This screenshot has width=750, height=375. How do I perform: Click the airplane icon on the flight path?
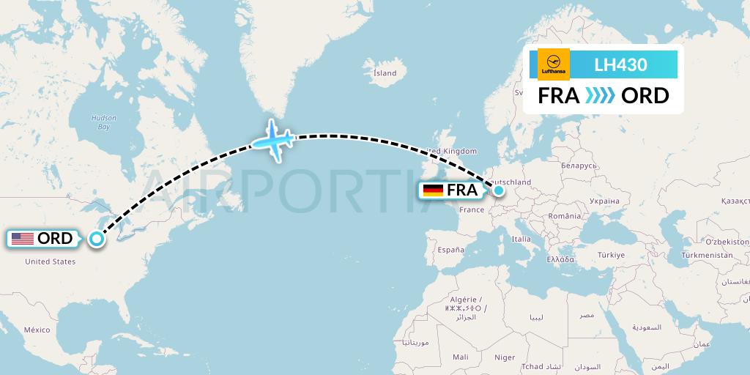272,139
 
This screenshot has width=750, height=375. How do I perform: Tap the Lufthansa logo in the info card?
553,64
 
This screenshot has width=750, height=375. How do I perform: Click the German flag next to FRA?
433,190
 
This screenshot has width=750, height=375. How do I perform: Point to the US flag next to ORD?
23,239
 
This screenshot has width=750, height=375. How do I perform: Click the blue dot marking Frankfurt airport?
499,190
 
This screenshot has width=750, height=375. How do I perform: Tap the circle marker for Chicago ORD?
96,238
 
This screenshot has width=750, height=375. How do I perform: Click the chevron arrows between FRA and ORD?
601,96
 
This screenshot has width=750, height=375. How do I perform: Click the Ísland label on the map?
385,73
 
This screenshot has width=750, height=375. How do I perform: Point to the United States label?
51,261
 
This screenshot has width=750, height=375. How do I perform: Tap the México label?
37,330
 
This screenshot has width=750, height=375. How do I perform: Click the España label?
451,250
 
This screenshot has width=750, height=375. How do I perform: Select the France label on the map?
472,209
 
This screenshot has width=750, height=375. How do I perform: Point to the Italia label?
521,239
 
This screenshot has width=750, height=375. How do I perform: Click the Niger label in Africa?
505,357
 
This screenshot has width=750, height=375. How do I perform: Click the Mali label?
461,357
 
